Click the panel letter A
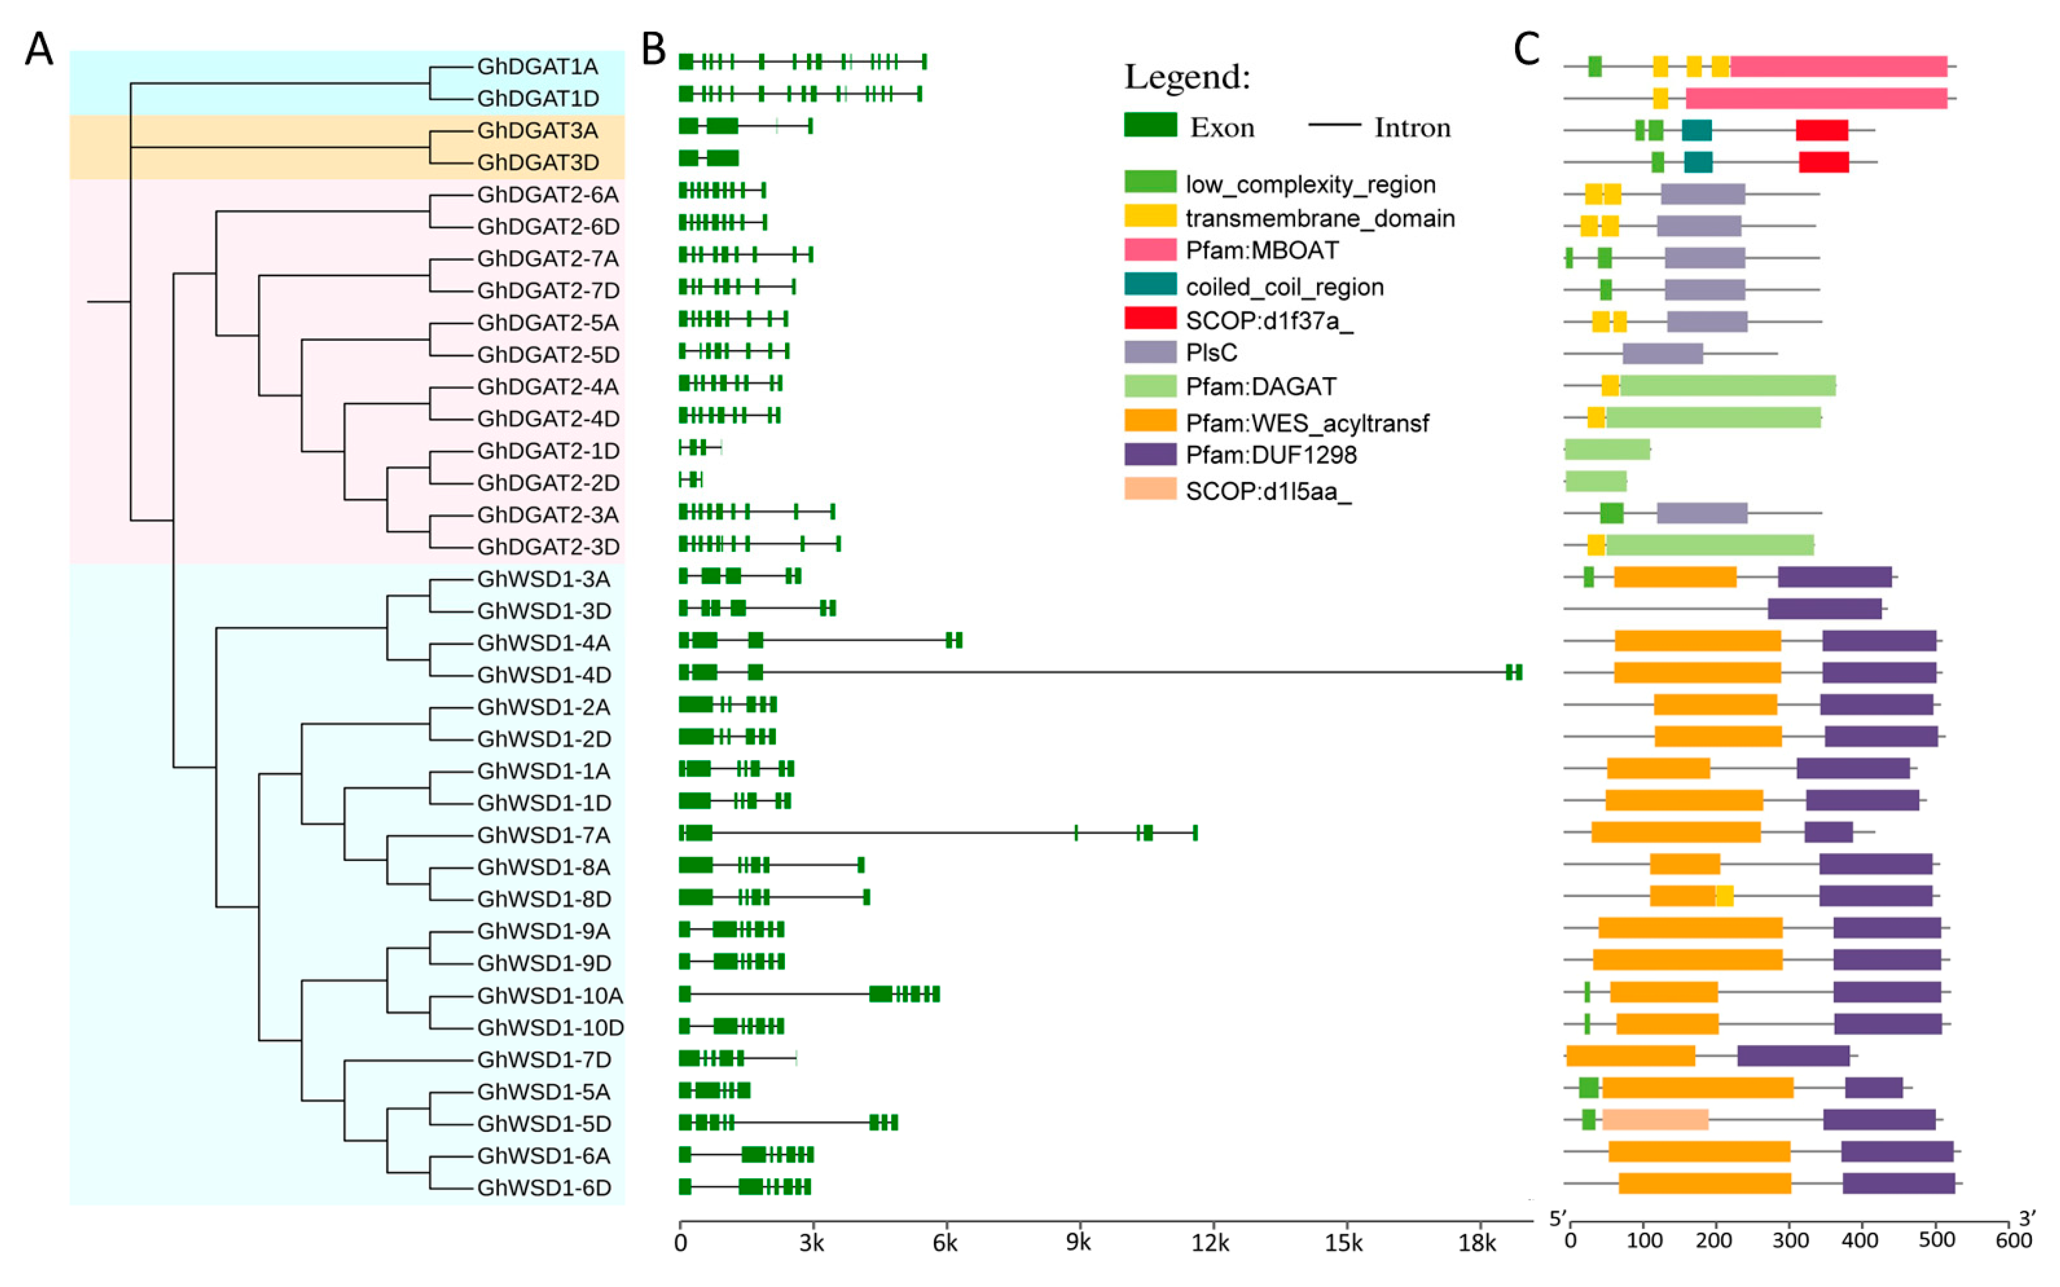39,49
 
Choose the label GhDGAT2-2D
547,483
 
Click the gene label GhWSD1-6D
543,1188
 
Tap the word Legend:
1187,77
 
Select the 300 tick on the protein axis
1790,1240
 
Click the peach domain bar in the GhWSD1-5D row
1655,1120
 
